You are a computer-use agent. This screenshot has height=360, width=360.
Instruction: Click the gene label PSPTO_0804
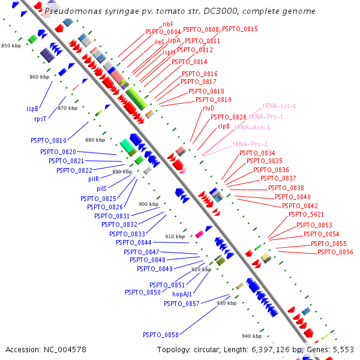tap(163, 32)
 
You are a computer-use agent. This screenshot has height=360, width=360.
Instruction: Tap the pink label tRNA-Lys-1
tap(280, 106)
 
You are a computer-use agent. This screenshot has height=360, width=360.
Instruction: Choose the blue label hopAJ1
tap(182, 294)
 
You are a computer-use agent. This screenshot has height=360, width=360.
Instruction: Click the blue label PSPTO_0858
tap(161, 335)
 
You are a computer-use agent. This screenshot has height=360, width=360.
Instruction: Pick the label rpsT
tap(40, 119)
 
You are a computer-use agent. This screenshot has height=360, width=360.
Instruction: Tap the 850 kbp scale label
tap(11, 46)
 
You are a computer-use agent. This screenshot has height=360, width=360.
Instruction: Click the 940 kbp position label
tap(251, 335)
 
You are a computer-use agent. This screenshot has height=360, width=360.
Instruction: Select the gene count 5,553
tap(343, 349)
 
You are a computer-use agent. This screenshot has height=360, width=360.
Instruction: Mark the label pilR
tap(94, 179)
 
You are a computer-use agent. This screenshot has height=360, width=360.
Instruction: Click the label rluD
tap(209, 108)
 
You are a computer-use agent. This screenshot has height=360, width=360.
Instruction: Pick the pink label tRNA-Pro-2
tap(250, 144)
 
